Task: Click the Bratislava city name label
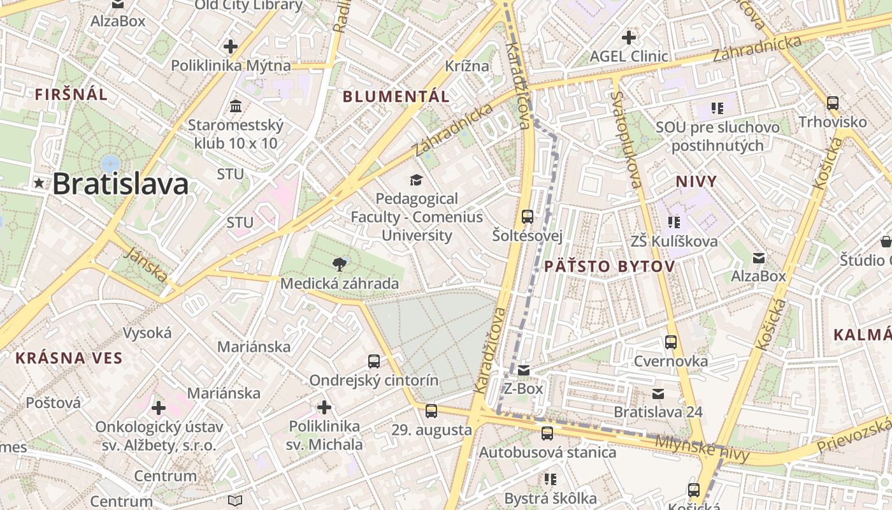click(x=120, y=184)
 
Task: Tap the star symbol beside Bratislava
click(x=40, y=184)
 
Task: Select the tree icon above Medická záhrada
click(x=340, y=264)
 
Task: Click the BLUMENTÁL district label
click(x=396, y=97)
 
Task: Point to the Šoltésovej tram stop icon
click(x=528, y=216)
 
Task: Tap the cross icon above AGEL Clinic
click(x=629, y=38)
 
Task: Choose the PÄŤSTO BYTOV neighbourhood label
click(x=610, y=266)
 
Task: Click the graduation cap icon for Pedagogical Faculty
click(x=416, y=180)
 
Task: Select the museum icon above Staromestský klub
click(x=236, y=105)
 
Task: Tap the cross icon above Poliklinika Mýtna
click(x=231, y=47)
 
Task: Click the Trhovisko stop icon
click(x=833, y=103)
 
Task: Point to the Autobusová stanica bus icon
click(x=547, y=433)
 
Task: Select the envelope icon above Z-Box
click(x=524, y=370)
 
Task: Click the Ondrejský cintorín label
click(x=374, y=381)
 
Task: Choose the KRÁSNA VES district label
click(x=69, y=358)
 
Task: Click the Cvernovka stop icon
click(x=671, y=342)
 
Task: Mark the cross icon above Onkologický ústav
click(x=159, y=407)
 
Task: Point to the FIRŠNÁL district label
click(x=71, y=95)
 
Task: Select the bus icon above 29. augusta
click(x=431, y=411)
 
